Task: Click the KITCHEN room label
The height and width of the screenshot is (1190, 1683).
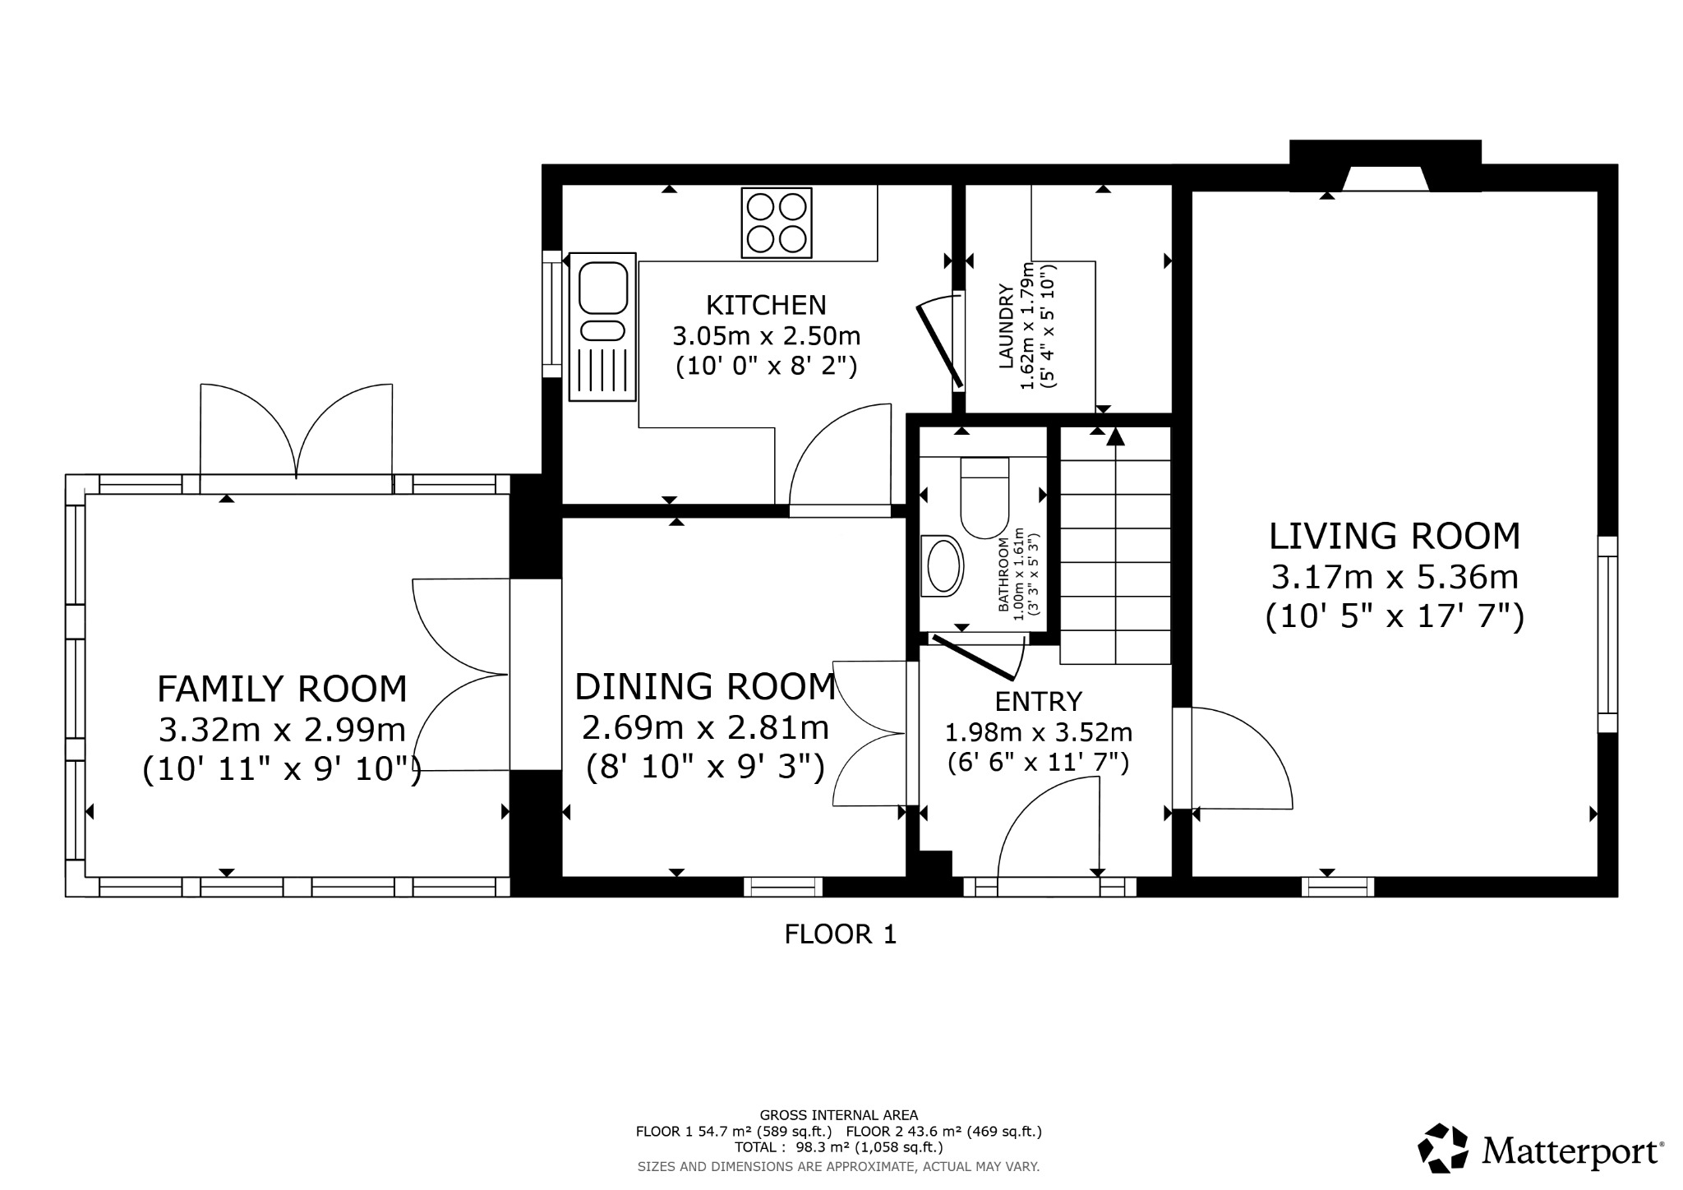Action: pos(766,305)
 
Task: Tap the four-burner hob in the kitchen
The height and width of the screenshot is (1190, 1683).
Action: pos(776,223)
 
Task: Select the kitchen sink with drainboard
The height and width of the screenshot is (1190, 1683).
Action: pos(603,326)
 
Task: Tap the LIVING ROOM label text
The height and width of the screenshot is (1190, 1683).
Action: pos(1395,537)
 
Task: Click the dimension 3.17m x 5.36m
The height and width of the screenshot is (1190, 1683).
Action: pos(1395,577)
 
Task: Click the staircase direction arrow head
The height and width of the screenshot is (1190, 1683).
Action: pos(1115,436)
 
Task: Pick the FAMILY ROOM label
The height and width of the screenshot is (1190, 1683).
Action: pos(282,689)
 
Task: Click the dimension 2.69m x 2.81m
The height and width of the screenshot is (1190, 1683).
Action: pos(705,727)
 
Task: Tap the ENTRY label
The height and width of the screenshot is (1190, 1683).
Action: pos(1039,701)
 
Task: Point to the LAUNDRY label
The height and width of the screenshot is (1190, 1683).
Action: pos(1004,325)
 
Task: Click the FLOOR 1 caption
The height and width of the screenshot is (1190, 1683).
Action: pos(840,934)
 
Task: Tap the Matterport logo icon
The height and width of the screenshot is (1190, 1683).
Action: pos(1443,1148)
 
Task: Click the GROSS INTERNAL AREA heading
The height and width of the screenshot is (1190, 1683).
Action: pos(838,1115)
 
